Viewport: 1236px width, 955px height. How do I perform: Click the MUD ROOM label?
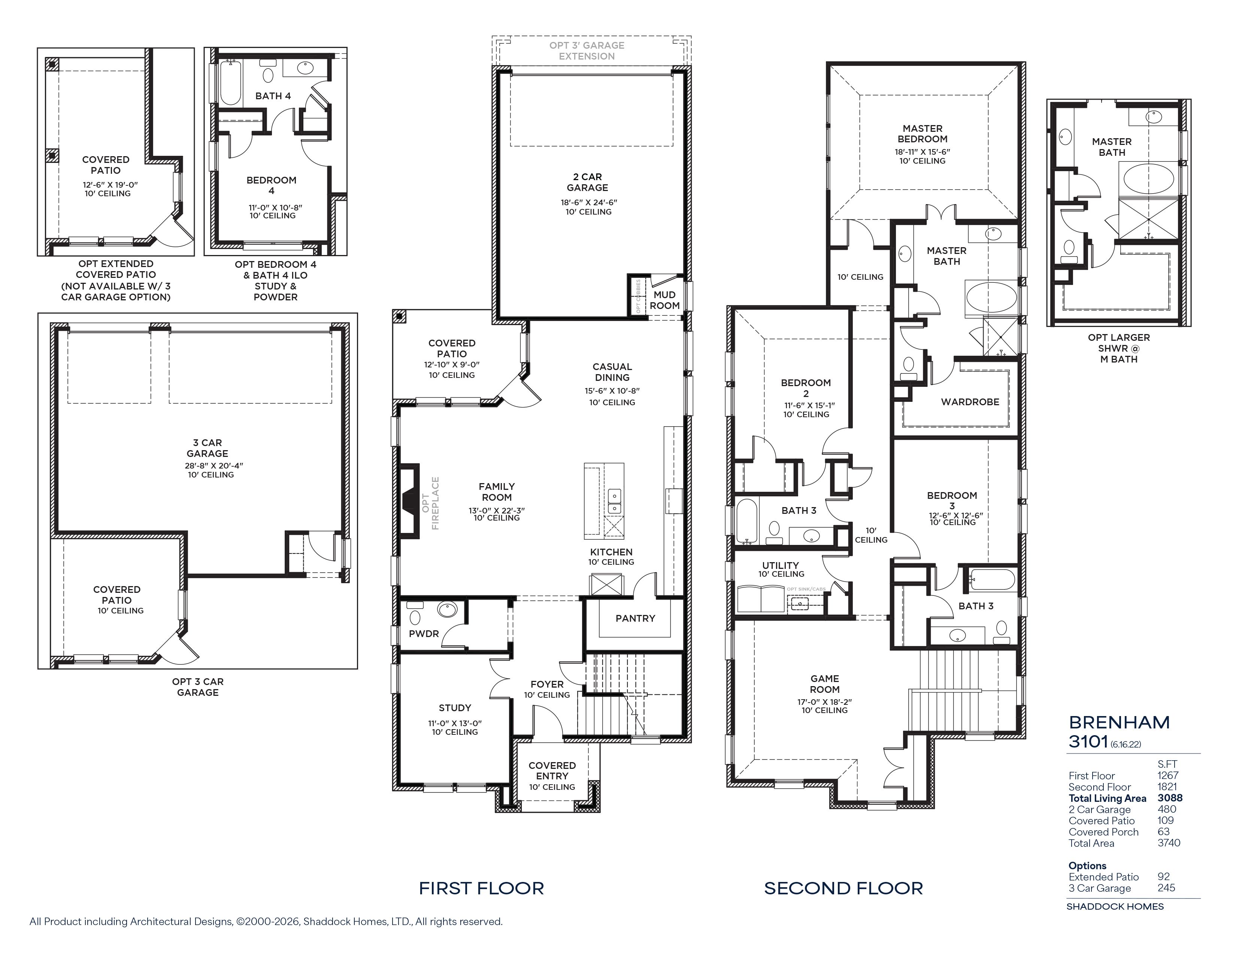(x=664, y=300)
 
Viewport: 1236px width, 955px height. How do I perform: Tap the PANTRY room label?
(x=635, y=618)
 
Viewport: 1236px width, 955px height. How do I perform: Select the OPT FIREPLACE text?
(x=430, y=503)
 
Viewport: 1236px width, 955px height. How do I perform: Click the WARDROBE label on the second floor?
(x=970, y=402)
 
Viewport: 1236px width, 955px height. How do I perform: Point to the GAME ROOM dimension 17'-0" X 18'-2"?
(x=825, y=701)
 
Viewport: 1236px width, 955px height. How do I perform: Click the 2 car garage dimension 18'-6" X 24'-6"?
(x=588, y=202)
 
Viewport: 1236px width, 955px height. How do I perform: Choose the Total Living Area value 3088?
(x=1170, y=798)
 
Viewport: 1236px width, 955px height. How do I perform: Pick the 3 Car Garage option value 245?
(x=1166, y=888)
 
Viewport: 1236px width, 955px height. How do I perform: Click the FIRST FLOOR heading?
(x=481, y=888)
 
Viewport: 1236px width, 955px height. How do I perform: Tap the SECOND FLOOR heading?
(x=843, y=888)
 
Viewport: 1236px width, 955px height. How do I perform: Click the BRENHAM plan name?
(x=1119, y=722)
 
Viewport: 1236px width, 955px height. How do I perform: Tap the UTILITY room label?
(x=781, y=565)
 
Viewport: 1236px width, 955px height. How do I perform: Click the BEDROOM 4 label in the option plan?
(x=271, y=185)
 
